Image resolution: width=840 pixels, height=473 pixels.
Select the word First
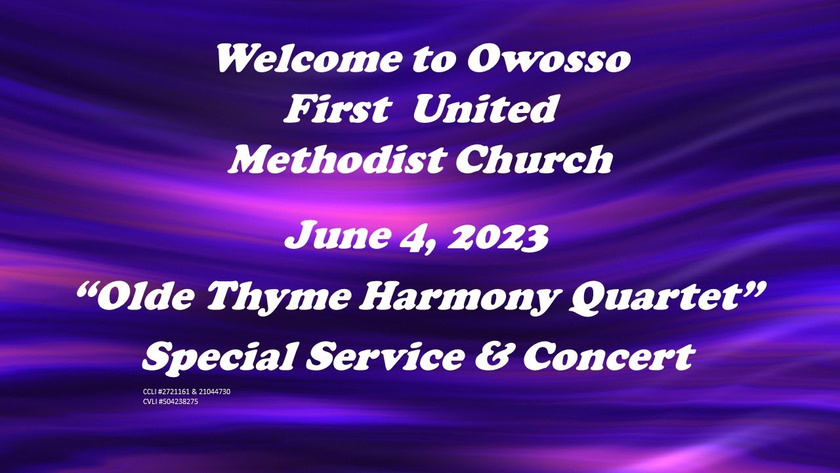click(335, 110)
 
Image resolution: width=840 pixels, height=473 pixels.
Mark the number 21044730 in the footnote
click(215, 392)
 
